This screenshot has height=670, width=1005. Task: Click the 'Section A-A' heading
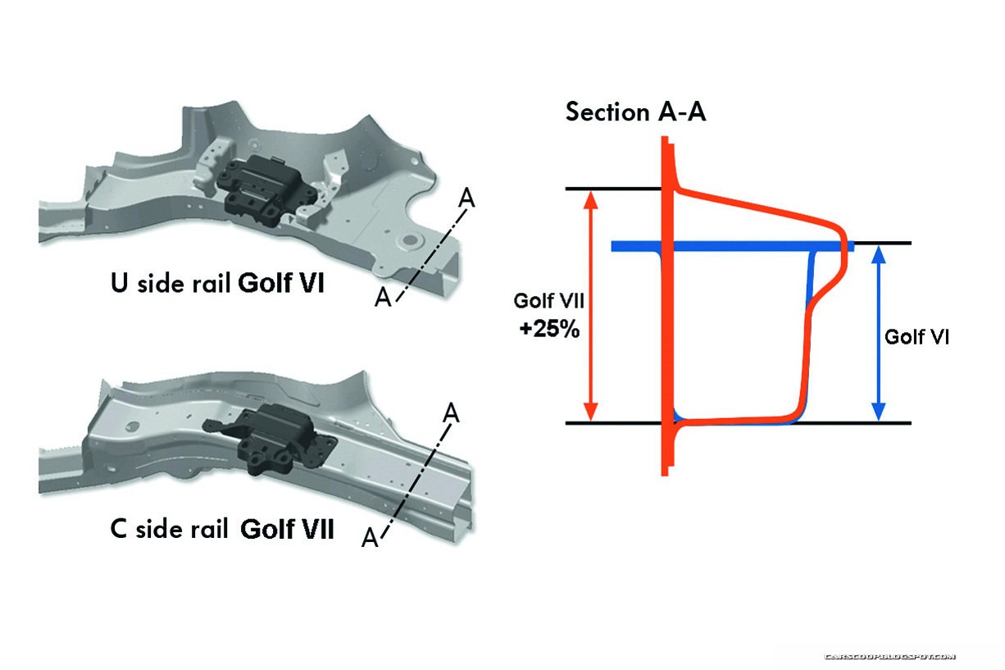[x=635, y=112]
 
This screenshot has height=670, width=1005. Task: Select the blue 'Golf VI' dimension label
[x=917, y=336]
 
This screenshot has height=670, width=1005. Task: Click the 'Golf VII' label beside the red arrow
[x=548, y=301]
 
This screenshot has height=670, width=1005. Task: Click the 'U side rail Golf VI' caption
[x=217, y=284]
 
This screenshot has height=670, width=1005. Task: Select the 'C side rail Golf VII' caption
[x=221, y=529]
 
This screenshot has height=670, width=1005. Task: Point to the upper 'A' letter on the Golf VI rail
[x=466, y=197]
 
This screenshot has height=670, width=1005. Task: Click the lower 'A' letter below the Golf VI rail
[x=383, y=298]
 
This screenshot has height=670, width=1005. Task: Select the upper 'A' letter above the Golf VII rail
[x=450, y=412]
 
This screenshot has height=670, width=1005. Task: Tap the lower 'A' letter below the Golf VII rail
[x=370, y=538]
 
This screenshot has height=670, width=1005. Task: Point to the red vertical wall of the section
[x=666, y=328]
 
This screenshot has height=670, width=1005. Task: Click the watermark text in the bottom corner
[x=889, y=657]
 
